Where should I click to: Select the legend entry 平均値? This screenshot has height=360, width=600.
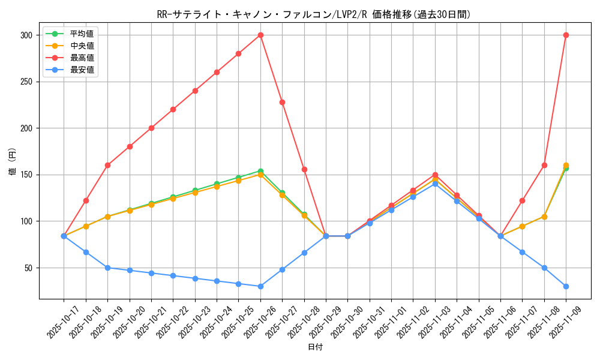coord(82,34)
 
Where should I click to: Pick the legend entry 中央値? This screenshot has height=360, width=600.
coord(82,46)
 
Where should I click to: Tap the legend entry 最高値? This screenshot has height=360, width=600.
coord(82,58)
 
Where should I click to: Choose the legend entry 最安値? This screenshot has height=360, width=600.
coord(82,70)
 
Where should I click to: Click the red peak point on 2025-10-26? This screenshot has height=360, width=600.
coord(260,35)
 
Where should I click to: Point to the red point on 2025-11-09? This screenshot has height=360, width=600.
coord(566,35)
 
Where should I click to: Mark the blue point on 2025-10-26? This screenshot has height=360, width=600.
coord(260,286)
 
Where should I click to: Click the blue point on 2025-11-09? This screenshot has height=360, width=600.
coord(566,286)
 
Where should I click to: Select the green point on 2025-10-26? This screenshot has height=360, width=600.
coord(260,171)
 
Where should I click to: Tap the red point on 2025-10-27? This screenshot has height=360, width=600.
coord(282,102)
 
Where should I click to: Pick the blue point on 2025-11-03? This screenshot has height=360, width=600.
coord(435,184)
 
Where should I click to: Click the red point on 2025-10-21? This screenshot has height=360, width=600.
coord(151,128)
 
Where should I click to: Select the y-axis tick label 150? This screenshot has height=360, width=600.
coord(27,175)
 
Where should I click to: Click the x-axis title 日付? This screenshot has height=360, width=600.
coord(315,347)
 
